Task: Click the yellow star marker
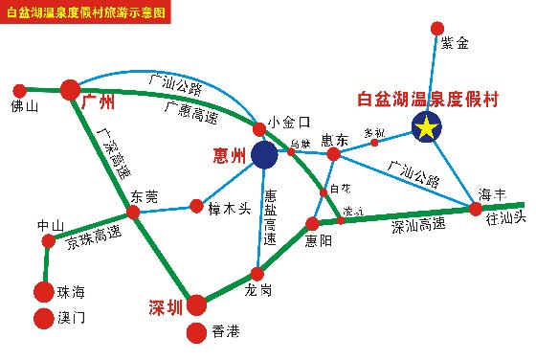(425, 126)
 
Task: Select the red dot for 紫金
(437, 29)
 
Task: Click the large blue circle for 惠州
(263, 153)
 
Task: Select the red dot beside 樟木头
(196, 206)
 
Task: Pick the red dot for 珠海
(43, 291)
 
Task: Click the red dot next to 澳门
(43, 318)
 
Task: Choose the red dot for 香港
(196, 332)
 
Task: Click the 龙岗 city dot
(256, 273)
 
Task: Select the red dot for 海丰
(476, 209)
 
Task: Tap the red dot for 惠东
(334, 154)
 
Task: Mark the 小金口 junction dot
(258, 129)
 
